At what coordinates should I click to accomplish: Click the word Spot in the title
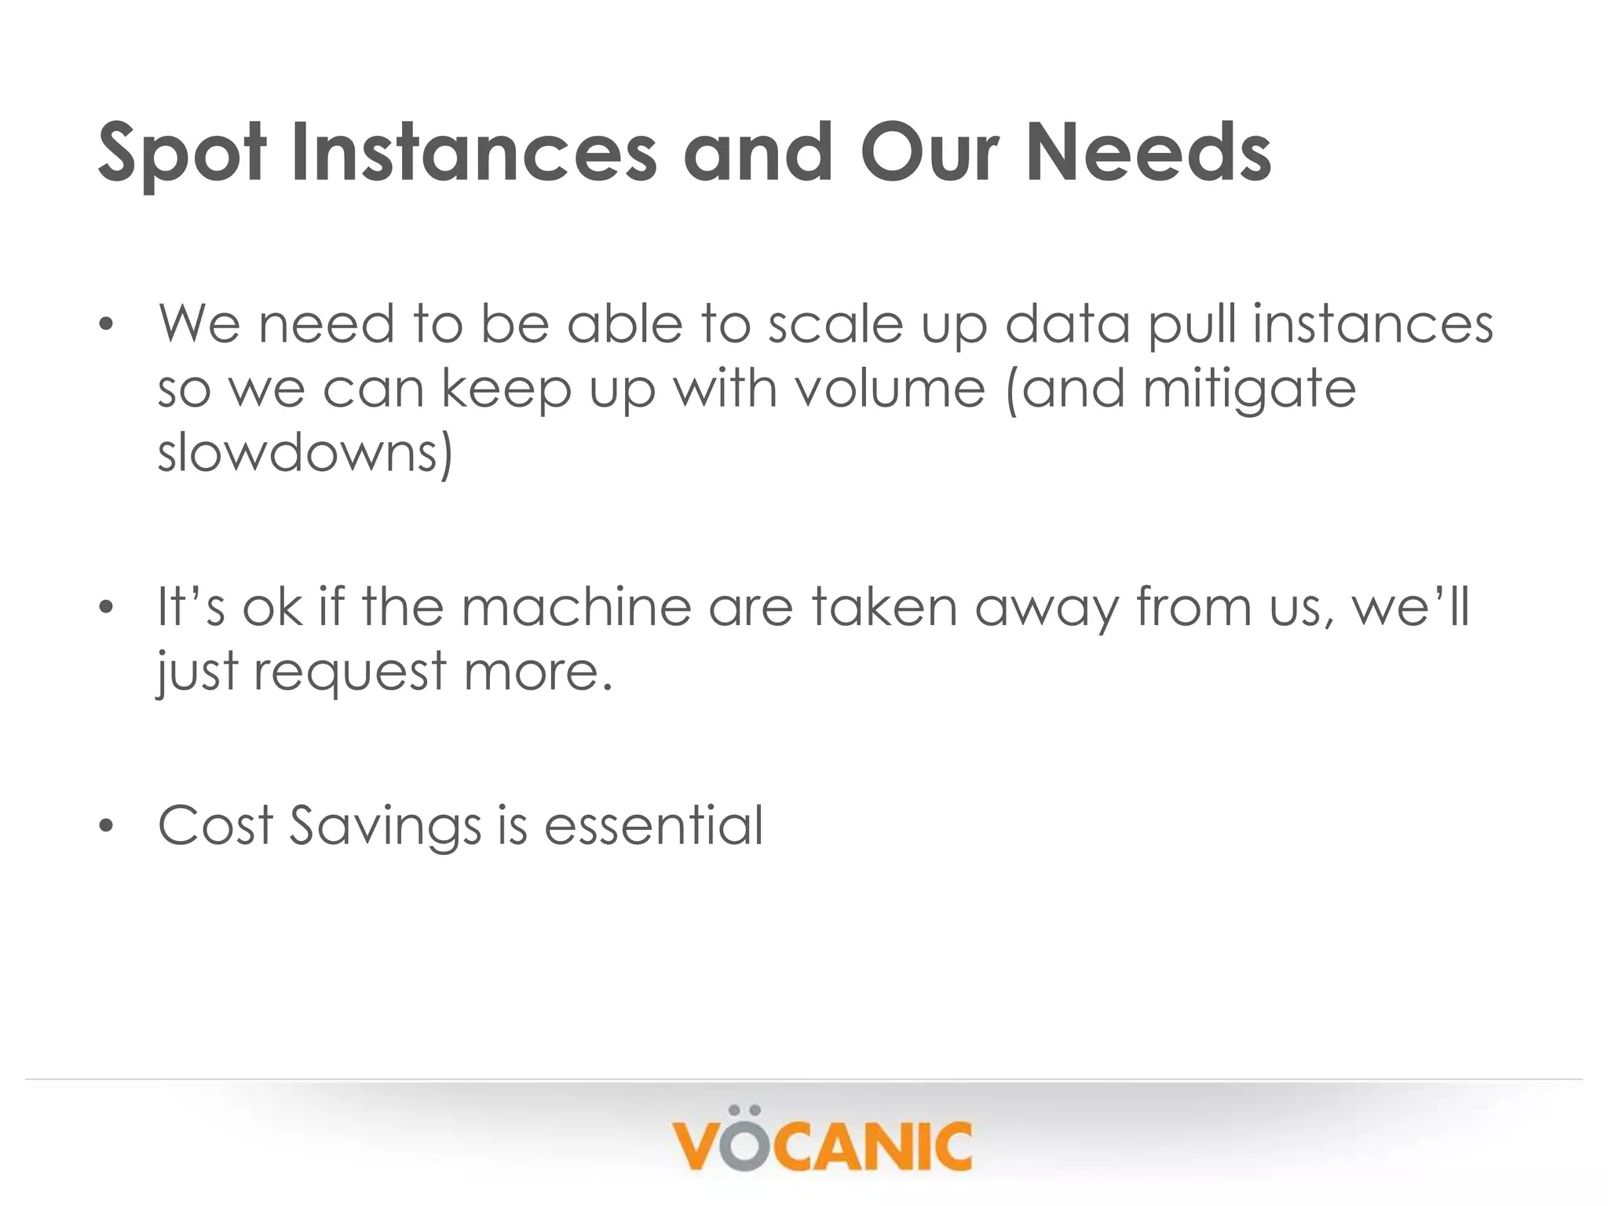(182, 153)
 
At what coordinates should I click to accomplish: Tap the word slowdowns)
(305, 453)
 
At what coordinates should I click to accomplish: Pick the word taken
(884, 607)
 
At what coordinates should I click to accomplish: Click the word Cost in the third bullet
(215, 825)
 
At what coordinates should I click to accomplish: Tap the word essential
(653, 825)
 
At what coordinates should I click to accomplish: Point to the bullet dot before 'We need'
(107, 325)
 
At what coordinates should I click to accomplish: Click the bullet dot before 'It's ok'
(107, 608)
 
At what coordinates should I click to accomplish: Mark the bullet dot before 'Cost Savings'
(107, 827)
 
